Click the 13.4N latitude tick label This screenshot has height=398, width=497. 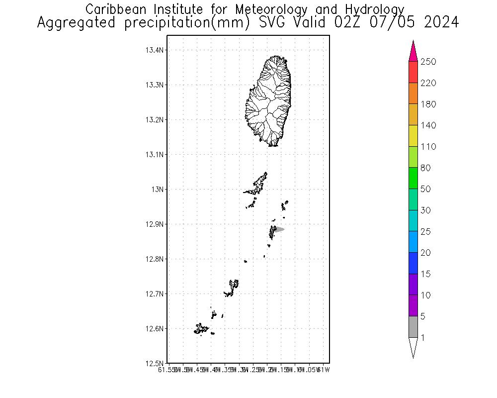(x=154, y=50)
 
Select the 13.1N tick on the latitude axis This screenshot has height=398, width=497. (x=154, y=155)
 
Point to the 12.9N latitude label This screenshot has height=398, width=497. (x=154, y=224)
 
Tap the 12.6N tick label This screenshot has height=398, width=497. (x=154, y=329)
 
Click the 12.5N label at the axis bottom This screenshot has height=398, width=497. (x=154, y=363)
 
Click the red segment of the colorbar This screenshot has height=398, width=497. (x=413, y=72)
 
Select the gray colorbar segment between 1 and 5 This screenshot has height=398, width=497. (x=413, y=327)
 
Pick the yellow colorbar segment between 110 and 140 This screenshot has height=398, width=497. (x=413, y=136)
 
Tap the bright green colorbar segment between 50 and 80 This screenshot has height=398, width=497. (x=413, y=178)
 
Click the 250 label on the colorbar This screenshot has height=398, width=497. (x=428, y=62)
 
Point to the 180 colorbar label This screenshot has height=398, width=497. (x=428, y=104)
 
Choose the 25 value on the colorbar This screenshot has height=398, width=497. (x=426, y=232)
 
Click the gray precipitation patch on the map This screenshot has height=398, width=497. (x=279, y=229)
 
